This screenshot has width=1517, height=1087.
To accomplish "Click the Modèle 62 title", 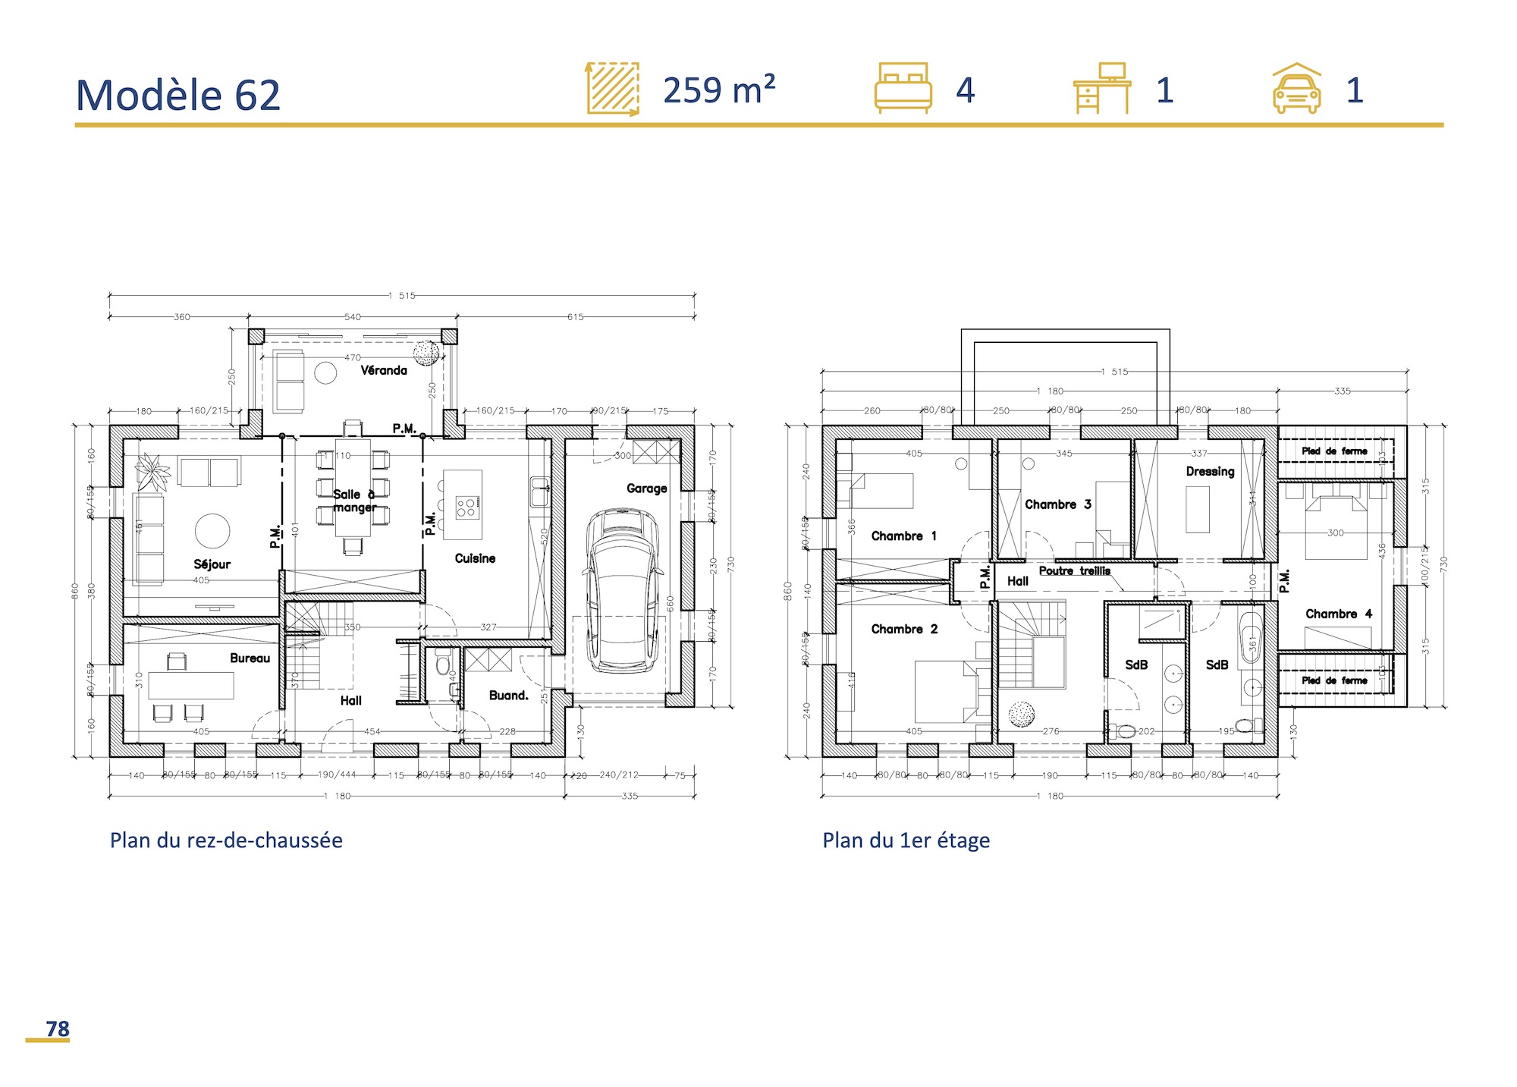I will tap(178, 96).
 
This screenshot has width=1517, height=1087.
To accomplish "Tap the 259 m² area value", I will tap(718, 90).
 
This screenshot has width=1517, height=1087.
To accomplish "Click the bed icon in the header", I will tap(903, 88).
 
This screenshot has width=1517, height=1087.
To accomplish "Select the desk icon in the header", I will tap(1102, 88).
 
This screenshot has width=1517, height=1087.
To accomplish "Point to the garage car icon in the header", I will tap(1296, 89).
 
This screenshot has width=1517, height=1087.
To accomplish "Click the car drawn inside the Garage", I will tap(622, 591).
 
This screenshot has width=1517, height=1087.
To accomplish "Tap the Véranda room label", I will tap(384, 370).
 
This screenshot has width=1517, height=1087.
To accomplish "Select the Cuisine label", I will tap(475, 558).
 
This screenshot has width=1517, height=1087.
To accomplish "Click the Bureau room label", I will tap(250, 658).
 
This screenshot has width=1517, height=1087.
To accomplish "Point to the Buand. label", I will tap(508, 695).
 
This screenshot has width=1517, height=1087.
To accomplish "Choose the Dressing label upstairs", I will tap(1210, 471).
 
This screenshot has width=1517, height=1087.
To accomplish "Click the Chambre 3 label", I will tap(1057, 504).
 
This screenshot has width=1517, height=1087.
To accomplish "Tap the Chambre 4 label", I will tap(1338, 614).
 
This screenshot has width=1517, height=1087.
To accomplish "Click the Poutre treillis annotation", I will tap(1074, 570).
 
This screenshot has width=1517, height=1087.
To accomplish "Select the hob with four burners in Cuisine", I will tap(466, 507).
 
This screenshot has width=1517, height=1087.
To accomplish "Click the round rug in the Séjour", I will tap(212, 531).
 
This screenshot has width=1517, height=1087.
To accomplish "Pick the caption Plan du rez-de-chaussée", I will tap(226, 840).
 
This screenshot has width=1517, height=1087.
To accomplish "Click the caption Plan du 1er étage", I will tap(906, 840).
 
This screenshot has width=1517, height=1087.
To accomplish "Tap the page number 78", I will tap(58, 1029).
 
